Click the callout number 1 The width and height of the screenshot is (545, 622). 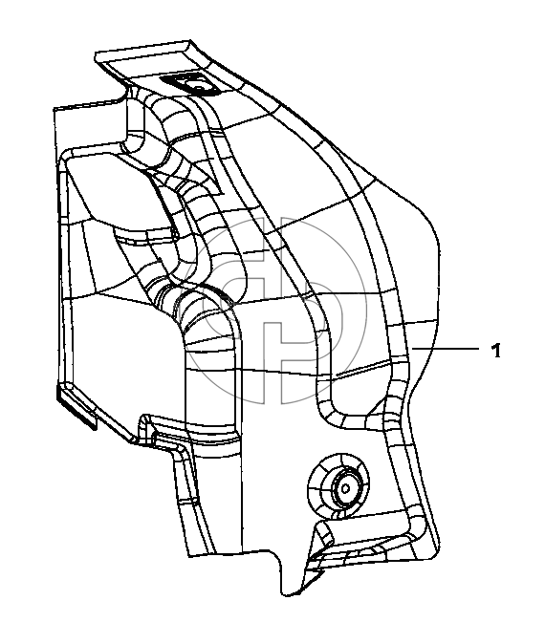[496, 351]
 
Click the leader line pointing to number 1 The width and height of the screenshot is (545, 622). [445, 349]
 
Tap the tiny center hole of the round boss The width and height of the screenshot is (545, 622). [344, 488]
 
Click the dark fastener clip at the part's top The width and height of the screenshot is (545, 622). [190, 84]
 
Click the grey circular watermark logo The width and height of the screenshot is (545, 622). [273, 311]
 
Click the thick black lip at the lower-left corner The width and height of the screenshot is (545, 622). [77, 409]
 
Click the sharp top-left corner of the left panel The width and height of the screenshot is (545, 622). [54, 108]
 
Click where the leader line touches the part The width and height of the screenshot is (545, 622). [412, 349]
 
